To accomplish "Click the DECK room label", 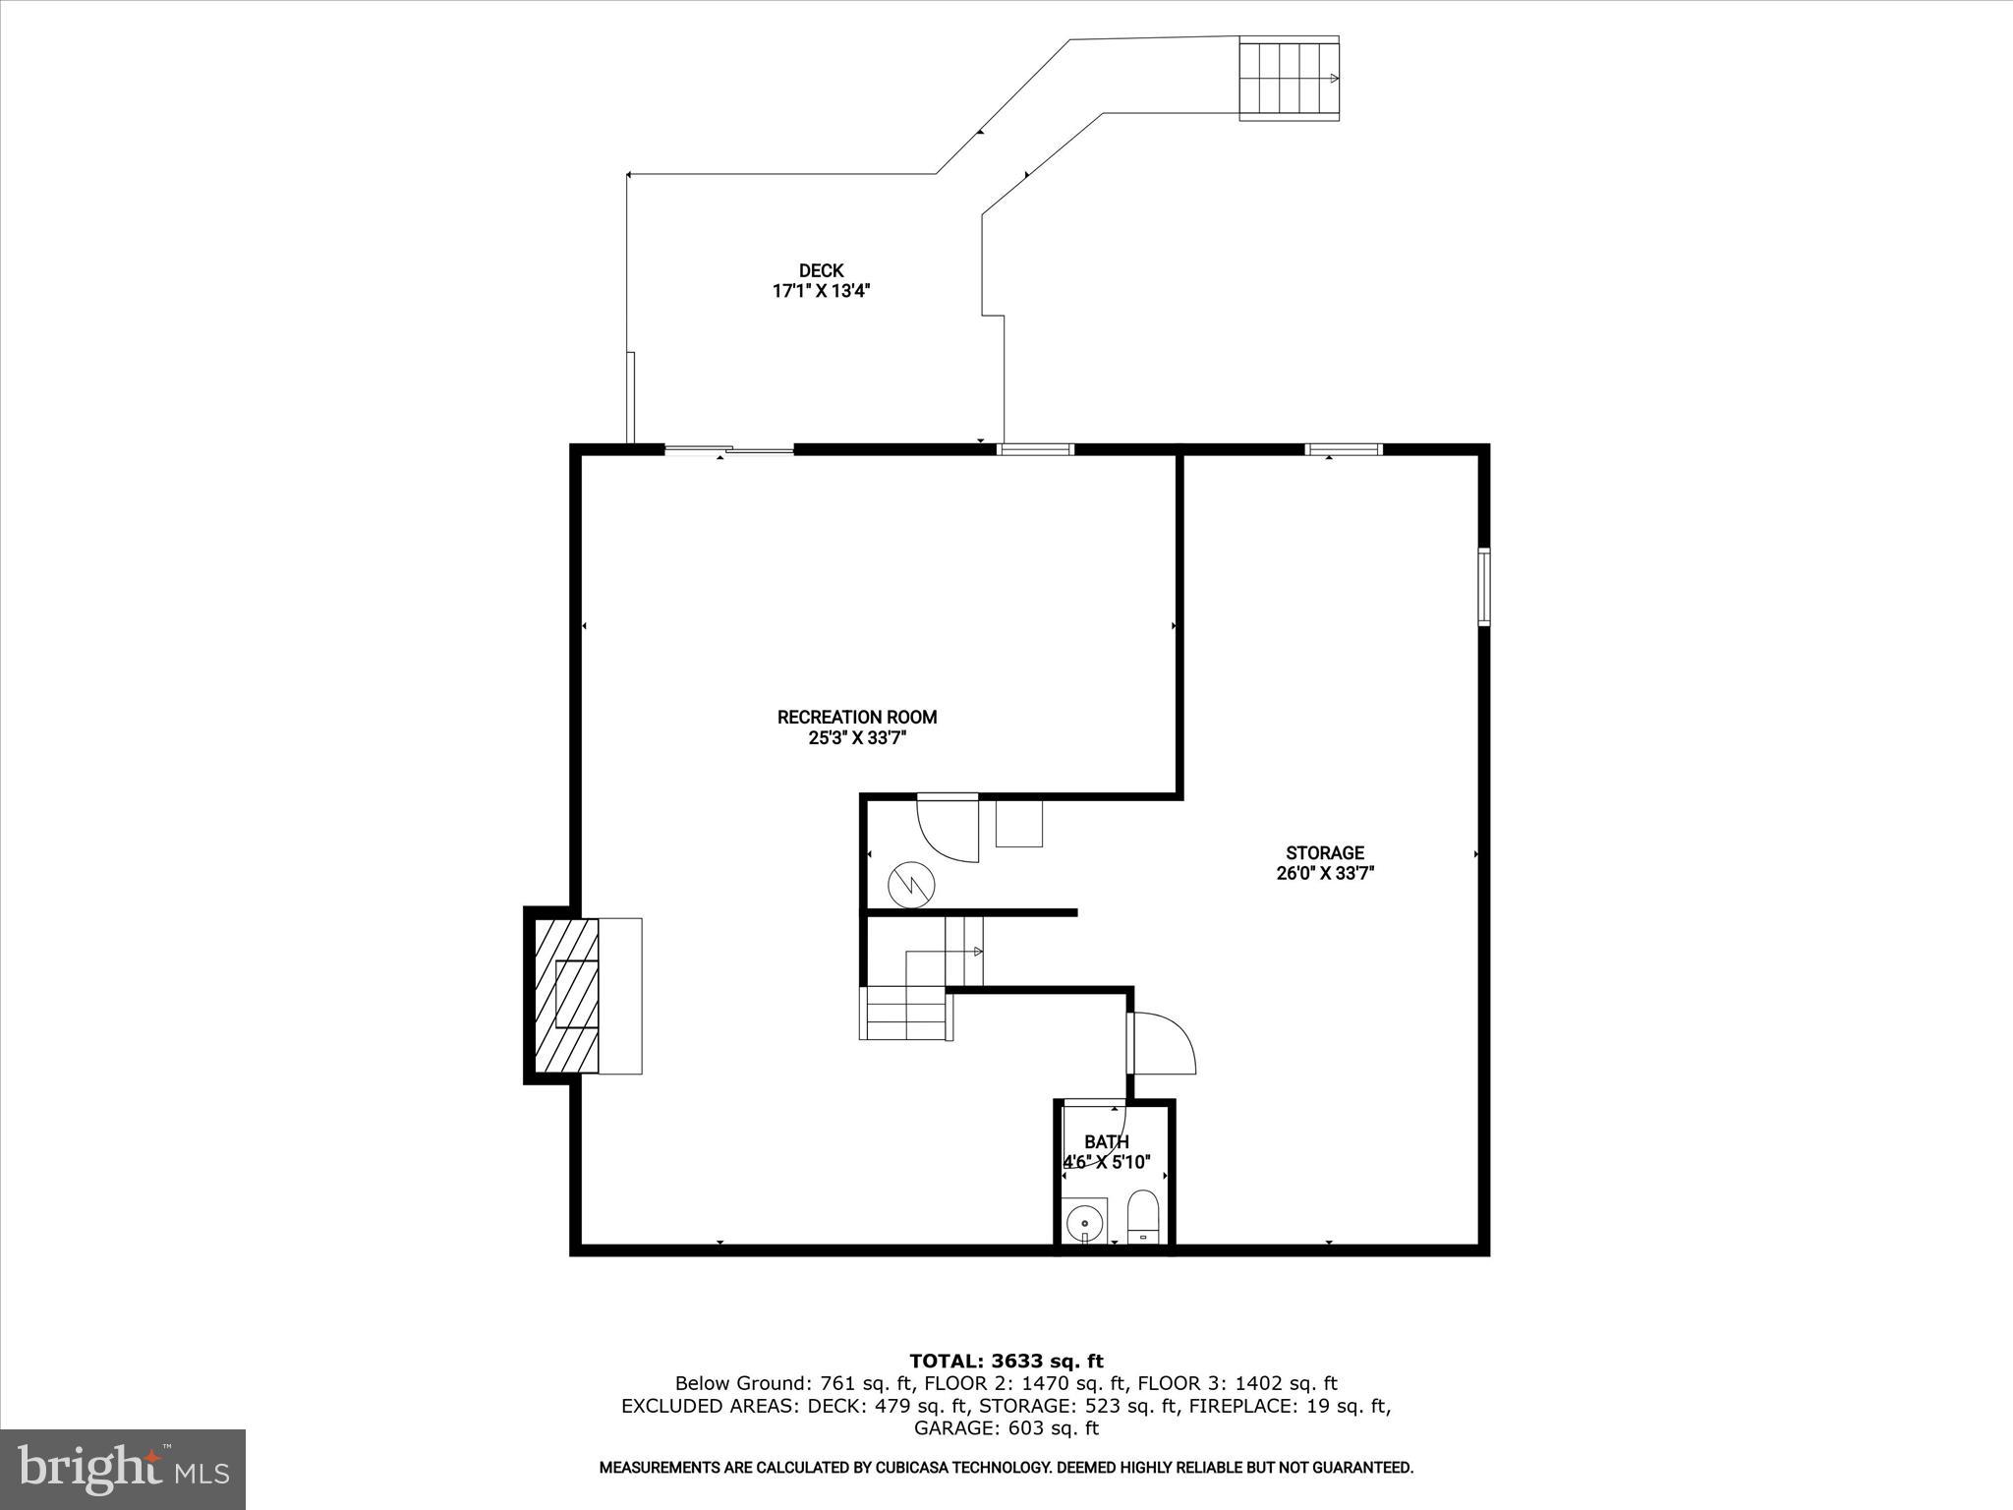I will pos(821,270).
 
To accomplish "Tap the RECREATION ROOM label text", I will pos(856,717).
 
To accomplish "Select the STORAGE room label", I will pos(1324,852).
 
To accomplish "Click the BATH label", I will pos(1106,1141).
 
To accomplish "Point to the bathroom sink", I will pos(1085,1224).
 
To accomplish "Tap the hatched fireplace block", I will pos(566,994).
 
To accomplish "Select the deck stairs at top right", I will pos(1289,78).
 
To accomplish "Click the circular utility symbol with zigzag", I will pos(912,885).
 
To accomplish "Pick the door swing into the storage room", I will pos(1163,1043).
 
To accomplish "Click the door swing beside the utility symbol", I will pos(947,828).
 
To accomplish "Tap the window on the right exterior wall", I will pos(1484,586).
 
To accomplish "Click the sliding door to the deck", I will pos(728,450).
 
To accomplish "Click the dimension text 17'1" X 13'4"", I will pos(821,291).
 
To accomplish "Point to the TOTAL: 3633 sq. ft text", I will pos(1006,1362).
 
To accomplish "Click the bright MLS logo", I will pos(123,1469).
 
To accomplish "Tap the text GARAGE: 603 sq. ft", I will pos(1006,1428).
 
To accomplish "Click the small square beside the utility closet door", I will pos(1018,823).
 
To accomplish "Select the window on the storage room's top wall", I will pos(1344,450).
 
